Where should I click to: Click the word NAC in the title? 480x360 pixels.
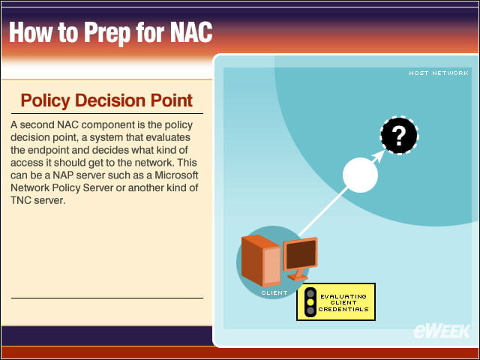pos(191,31)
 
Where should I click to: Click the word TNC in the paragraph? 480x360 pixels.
pos(20,200)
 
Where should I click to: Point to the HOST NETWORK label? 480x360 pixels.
pos(438,73)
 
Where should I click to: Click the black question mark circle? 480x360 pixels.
pos(399,135)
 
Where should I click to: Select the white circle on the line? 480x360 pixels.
pos(360,175)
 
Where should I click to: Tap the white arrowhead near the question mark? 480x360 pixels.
pos(379,155)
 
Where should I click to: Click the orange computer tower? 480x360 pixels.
pos(261,261)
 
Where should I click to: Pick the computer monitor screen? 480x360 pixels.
pos(301,254)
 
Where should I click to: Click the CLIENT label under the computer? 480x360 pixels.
pos(274,293)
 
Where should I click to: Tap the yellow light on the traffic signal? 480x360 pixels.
pos(310,302)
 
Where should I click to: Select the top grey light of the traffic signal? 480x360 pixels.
pos(310,293)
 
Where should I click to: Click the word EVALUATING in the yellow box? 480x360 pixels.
pos(343,296)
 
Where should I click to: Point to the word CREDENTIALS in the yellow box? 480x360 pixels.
pos(343,309)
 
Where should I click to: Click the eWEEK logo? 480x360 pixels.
pos(442,331)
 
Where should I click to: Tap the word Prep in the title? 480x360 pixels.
pos(106,33)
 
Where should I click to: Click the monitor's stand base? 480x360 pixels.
pos(298,277)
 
